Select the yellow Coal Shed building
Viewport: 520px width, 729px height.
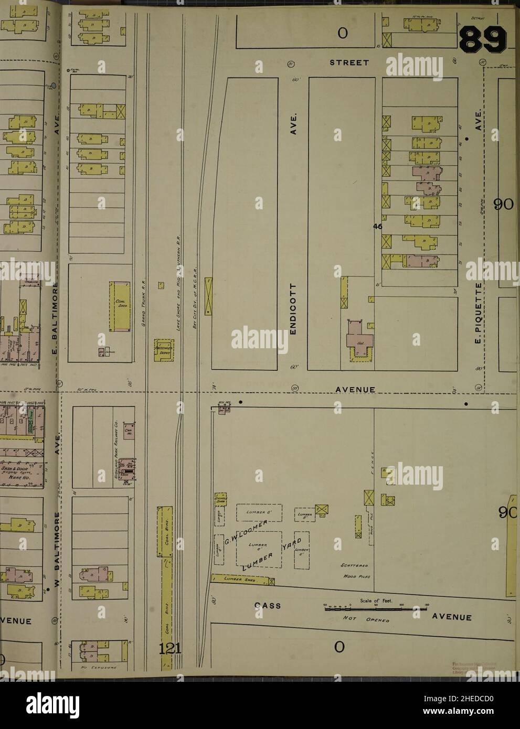click(x=118, y=307)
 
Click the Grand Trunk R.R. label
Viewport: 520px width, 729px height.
click(x=142, y=304)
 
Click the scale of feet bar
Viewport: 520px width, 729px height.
click(x=375, y=610)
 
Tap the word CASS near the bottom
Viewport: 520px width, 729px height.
click(x=268, y=606)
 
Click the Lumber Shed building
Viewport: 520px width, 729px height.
click(x=242, y=579)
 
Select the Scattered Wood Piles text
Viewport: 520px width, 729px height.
click(x=357, y=571)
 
